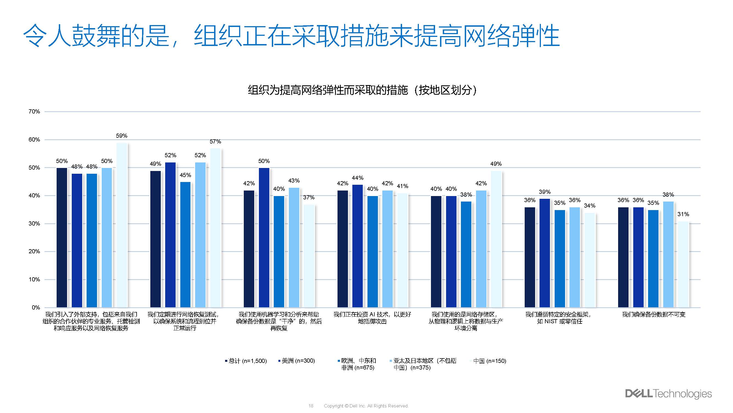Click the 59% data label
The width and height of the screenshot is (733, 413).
click(121, 136)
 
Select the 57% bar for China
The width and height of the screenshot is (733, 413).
click(215, 228)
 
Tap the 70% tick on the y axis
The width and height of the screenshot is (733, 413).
click(34, 112)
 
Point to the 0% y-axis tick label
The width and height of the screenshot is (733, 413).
click(35, 308)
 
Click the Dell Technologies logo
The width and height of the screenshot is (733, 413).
click(668, 394)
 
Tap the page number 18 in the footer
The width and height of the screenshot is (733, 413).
click(311, 406)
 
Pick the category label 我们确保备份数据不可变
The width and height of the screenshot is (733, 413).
click(654, 314)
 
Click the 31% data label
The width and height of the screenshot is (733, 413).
click(683, 214)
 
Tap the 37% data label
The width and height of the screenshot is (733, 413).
click(308, 197)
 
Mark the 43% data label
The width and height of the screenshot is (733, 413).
click(294, 181)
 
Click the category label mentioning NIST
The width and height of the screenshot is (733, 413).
click(559, 318)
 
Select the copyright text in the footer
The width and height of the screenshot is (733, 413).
click(366, 406)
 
